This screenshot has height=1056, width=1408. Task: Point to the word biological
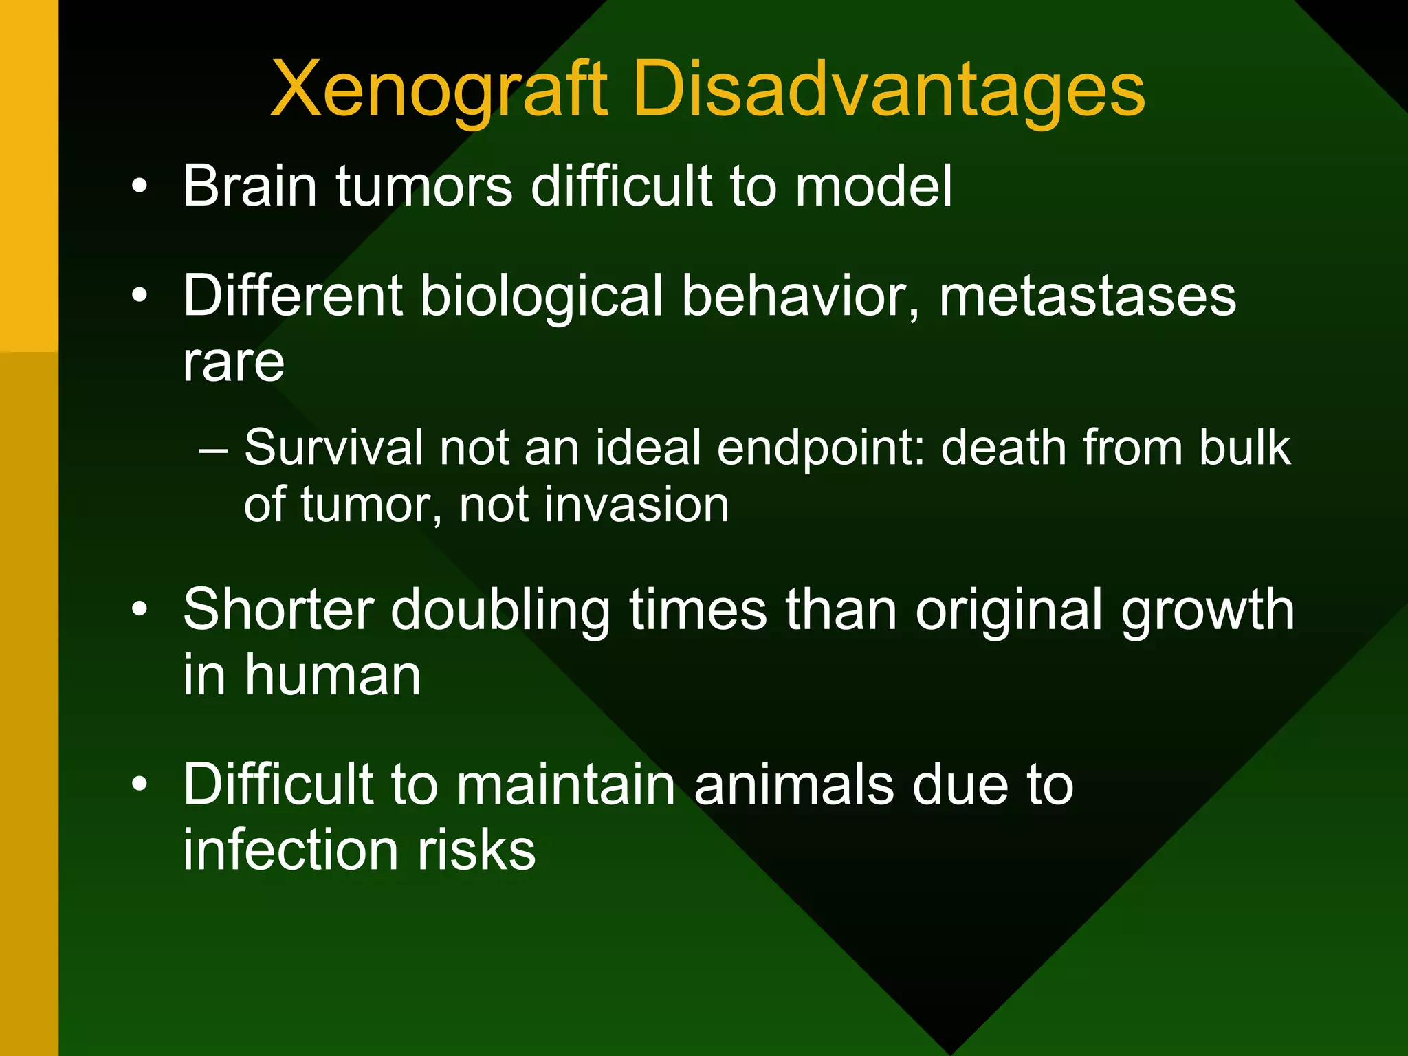pos(542,297)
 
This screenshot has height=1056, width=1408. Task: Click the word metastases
pos(1088,297)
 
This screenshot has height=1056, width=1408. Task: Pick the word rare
pos(234,362)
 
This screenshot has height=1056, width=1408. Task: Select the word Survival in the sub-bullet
pos(333,448)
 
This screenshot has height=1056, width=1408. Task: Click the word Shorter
pos(279,610)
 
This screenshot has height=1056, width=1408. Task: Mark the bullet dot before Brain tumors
pos(140,186)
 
